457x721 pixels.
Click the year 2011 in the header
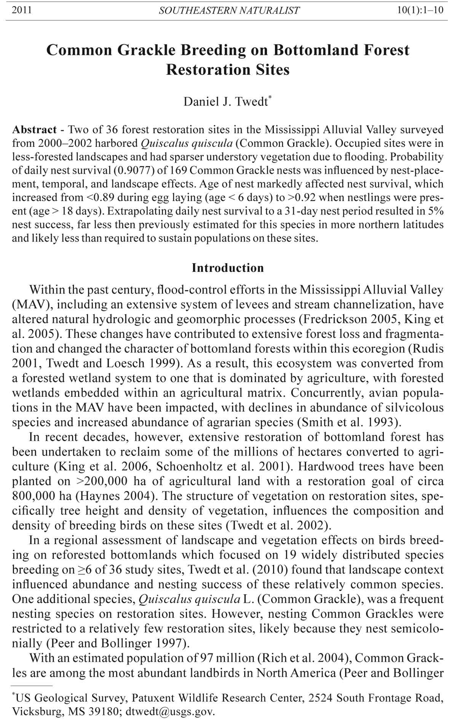pyautogui.click(x=22, y=10)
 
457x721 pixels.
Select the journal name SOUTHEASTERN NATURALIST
pyautogui.click(x=229, y=11)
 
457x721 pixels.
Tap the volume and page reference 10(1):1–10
pyautogui.click(x=420, y=10)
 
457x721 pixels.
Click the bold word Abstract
pyautogui.click(x=34, y=129)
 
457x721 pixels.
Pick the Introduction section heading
pyautogui.click(x=228, y=268)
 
